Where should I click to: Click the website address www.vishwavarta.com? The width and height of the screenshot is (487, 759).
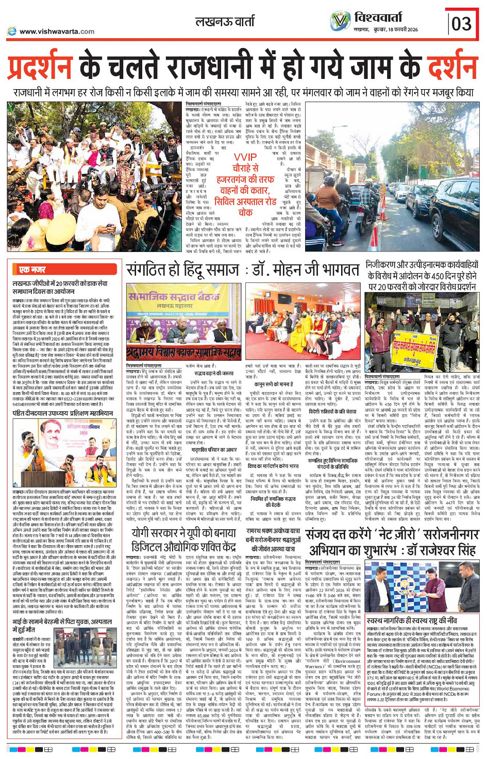(x=57, y=31)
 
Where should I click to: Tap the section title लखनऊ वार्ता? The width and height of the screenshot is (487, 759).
(x=225, y=22)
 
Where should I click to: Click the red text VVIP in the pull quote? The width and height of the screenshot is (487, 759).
(x=245, y=157)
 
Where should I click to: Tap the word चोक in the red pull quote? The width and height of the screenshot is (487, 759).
(x=245, y=212)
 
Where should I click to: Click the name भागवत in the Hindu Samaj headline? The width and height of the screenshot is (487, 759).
(x=334, y=270)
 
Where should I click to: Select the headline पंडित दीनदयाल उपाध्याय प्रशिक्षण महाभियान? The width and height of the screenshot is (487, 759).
(x=62, y=412)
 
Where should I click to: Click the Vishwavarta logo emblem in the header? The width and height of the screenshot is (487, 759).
(x=340, y=21)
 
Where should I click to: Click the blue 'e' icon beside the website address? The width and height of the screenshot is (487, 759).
(x=12, y=31)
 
